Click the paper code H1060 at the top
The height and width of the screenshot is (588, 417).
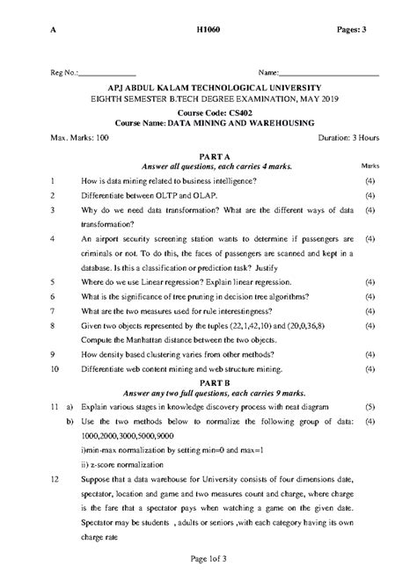pyautogui.click(x=208, y=30)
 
